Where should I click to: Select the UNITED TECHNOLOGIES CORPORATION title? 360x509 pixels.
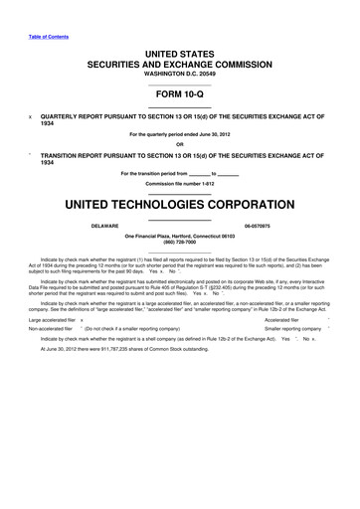(x=180, y=205)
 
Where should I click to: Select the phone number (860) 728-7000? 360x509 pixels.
(x=180, y=245)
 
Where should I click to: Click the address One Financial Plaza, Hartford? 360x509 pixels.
(x=180, y=238)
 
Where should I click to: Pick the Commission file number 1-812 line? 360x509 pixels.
(x=180, y=185)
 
